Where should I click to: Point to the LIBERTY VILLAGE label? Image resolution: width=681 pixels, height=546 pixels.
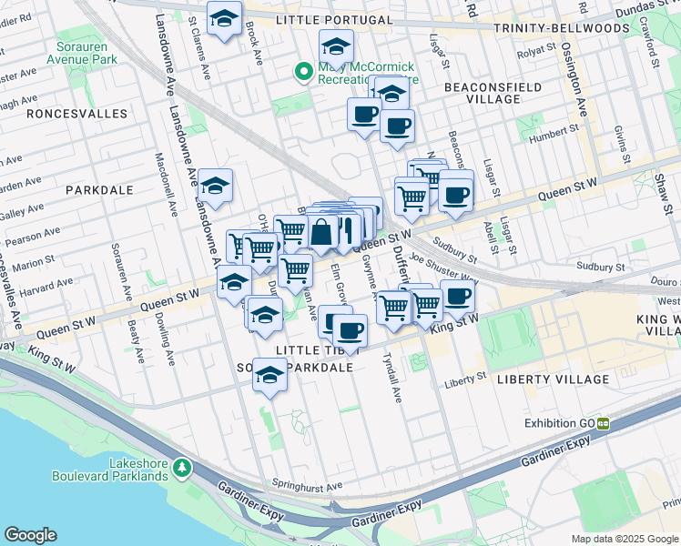[x=552, y=379]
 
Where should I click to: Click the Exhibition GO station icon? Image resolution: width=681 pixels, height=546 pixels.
[x=603, y=423]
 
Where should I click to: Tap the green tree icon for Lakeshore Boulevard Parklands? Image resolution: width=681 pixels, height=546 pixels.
[x=183, y=467]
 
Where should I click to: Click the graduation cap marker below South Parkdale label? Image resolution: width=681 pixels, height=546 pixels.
[x=269, y=374]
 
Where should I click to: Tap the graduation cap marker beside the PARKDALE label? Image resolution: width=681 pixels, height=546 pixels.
[x=215, y=185]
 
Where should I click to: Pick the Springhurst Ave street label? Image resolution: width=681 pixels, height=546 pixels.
[x=307, y=485]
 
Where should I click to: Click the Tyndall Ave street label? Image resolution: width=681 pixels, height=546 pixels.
[x=391, y=379]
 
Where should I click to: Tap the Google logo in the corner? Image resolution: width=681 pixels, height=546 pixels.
[x=30, y=535]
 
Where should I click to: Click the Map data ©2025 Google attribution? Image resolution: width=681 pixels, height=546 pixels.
[x=624, y=539]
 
